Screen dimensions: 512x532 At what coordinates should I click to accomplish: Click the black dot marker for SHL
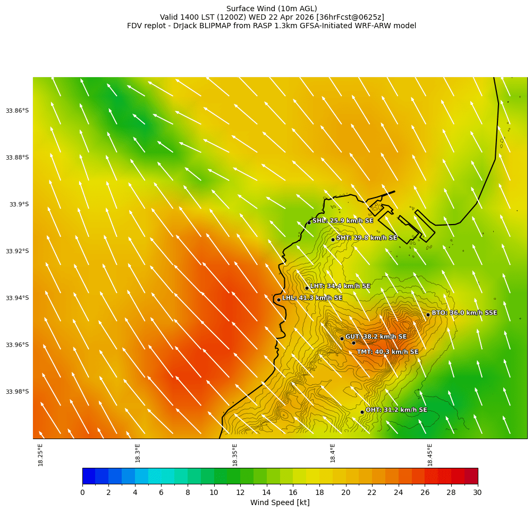[309, 222]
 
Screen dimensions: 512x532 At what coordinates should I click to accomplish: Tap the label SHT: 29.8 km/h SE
[367, 238]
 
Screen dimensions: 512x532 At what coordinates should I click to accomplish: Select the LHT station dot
[307, 288]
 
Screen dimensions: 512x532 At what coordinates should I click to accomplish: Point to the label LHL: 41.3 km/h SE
[312, 298]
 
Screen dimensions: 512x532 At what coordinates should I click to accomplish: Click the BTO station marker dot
[428, 315]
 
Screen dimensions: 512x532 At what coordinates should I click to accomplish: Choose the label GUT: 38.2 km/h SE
[376, 337]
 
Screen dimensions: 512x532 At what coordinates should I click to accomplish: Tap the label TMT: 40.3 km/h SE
[387, 352]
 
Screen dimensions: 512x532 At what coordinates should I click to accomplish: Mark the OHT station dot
[362, 412]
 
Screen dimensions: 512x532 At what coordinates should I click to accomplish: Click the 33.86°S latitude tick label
[17, 111]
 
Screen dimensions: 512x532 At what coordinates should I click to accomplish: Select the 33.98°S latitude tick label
[17, 392]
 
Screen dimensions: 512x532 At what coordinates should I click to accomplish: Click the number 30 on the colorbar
[477, 493]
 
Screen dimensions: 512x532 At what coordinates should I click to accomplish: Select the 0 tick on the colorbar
[82, 493]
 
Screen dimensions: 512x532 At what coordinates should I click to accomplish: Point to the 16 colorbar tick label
[293, 493]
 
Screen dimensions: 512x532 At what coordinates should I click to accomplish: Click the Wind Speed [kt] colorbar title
[280, 503]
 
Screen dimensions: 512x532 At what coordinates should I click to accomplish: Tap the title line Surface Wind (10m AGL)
[272, 9]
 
